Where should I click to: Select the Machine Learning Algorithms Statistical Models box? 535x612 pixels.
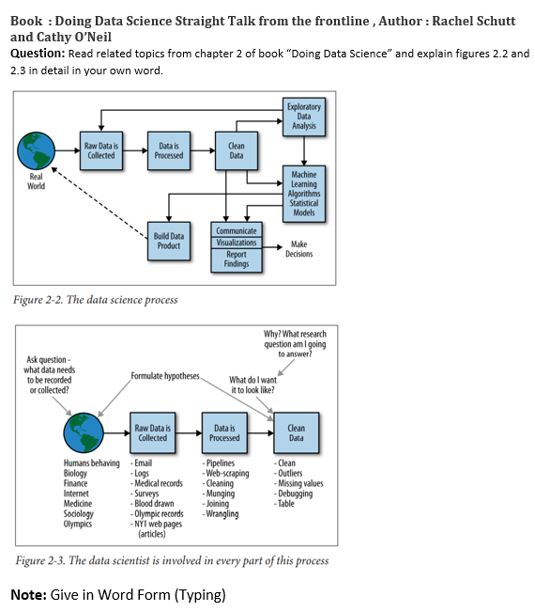click(x=303, y=194)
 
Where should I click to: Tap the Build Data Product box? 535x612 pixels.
click(x=169, y=240)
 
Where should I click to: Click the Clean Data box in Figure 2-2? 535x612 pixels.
click(x=237, y=150)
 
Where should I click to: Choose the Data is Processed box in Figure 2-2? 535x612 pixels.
click(x=169, y=150)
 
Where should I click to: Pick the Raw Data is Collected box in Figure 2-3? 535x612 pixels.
click(x=152, y=432)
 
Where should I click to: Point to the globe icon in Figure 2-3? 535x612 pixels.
click(x=84, y=433)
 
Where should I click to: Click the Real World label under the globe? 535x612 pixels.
click(x=36, y=180)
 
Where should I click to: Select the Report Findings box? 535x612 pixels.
click(x=237, y=259)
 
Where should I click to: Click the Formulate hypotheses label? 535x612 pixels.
click(x=165, y=376)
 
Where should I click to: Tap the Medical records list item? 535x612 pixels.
click(x=158, y=483)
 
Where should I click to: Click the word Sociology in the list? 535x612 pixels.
click(x=79, y=513)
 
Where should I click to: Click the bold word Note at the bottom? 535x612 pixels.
click(x=28, y=594)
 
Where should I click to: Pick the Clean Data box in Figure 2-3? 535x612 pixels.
click(x=296, y=432)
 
